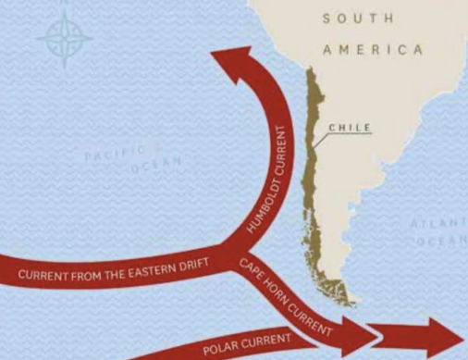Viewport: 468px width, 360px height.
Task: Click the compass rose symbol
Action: (64, 38)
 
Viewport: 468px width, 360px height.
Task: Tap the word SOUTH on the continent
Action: (357, 19)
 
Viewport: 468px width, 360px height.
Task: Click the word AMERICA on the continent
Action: (373, 49)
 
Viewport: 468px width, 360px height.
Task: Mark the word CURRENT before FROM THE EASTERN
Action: (42, 276)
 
